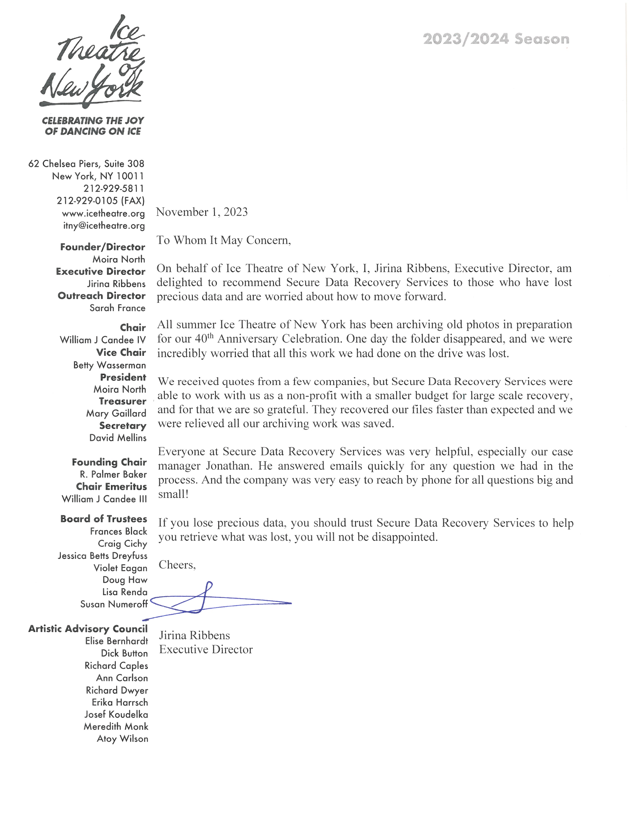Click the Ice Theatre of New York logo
(x=93, y=61)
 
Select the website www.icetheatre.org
(x=103, y=213)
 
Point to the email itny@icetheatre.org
(x=104, y=226)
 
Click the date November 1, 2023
(x=202, y=212)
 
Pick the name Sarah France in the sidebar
(x=117, y=308)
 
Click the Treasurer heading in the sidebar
(x=122, y=401)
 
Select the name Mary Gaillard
(x=116, y=413)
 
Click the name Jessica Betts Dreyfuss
(x=103, y=556)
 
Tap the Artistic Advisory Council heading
(x=88, y=629)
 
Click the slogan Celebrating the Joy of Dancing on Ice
(x=93, y=126)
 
